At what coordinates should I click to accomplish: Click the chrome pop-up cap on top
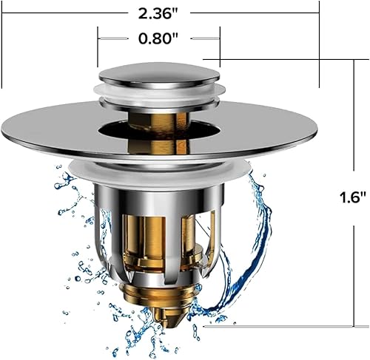(158, 74)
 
